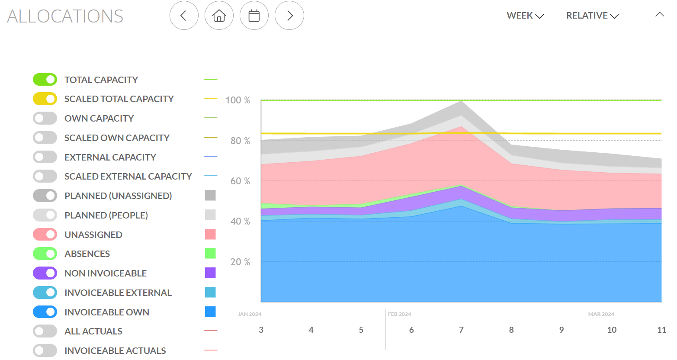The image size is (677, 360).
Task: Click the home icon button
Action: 219,16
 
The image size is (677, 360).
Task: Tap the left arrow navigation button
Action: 184,16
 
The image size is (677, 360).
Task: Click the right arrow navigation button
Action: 289,16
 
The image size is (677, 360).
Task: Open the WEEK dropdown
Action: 525,16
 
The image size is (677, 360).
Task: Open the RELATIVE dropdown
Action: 592,16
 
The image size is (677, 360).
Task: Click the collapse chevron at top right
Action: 659,15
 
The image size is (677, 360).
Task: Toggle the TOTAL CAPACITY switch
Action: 45,80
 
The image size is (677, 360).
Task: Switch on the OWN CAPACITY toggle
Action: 45,118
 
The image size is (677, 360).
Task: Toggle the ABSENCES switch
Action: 45,254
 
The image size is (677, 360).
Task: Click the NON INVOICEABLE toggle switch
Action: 45,273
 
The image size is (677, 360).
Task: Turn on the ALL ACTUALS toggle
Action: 45,331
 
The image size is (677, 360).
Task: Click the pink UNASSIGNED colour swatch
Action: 210,234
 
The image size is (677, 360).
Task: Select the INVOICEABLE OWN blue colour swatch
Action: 210,312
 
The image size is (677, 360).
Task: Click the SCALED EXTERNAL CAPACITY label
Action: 128,177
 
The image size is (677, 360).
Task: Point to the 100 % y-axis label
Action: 237,100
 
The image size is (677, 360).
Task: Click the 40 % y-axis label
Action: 240,222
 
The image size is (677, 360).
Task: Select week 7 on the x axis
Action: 461,330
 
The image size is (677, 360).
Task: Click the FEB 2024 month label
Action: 399,314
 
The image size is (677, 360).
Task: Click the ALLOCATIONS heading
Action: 65,16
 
